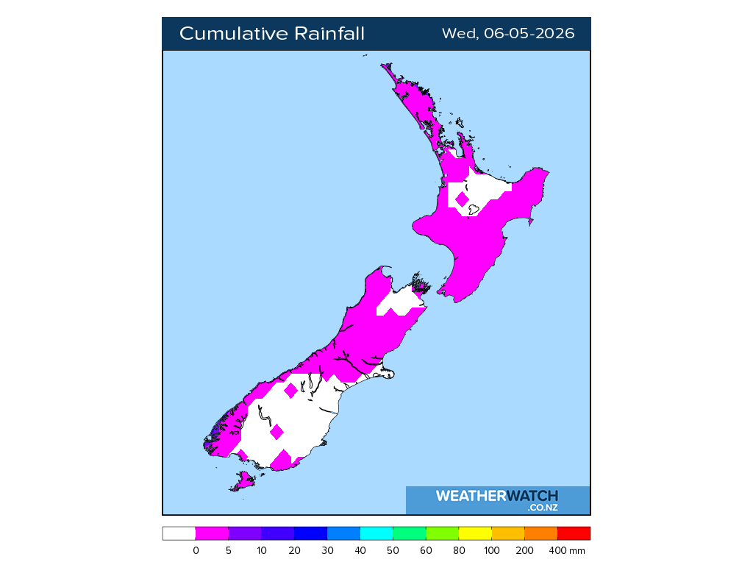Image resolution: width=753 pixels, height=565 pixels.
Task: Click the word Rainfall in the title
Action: [x=329, y=34]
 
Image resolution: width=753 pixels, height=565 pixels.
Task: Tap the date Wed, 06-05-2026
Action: [x=508, y=34]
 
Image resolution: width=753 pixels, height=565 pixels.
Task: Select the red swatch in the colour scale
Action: [x=574, y=533]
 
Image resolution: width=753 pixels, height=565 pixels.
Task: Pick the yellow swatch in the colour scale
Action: [x=475, y=533]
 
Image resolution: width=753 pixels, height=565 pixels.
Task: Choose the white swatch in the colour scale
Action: [x=179, y=533]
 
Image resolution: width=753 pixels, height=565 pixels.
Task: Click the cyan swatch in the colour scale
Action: [x=376, y=533]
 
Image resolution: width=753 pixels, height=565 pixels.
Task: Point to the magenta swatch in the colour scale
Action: [x=212, y=533]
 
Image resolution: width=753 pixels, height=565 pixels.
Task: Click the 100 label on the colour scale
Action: [x=492, y=550]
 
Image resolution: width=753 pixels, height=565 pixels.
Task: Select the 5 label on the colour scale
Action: [x=229, y=550]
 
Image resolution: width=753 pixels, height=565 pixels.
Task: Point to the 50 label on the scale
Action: [x=393, y=550]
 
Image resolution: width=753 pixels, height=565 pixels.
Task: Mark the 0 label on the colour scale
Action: [x=196, y=550]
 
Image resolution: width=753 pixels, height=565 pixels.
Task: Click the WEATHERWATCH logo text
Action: [x=496, y=496]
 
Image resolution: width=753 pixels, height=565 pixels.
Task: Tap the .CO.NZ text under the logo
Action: [x=542, y=508]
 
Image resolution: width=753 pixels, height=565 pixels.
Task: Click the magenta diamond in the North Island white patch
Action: [x=462, y=199]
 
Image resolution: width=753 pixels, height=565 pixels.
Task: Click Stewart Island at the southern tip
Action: [x=243, y=482]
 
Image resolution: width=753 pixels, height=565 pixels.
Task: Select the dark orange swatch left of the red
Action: [x=541, y=533]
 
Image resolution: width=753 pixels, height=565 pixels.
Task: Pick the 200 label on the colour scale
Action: [x=525, y=550]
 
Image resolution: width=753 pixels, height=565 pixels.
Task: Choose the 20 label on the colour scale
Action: [x=294, y=550]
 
